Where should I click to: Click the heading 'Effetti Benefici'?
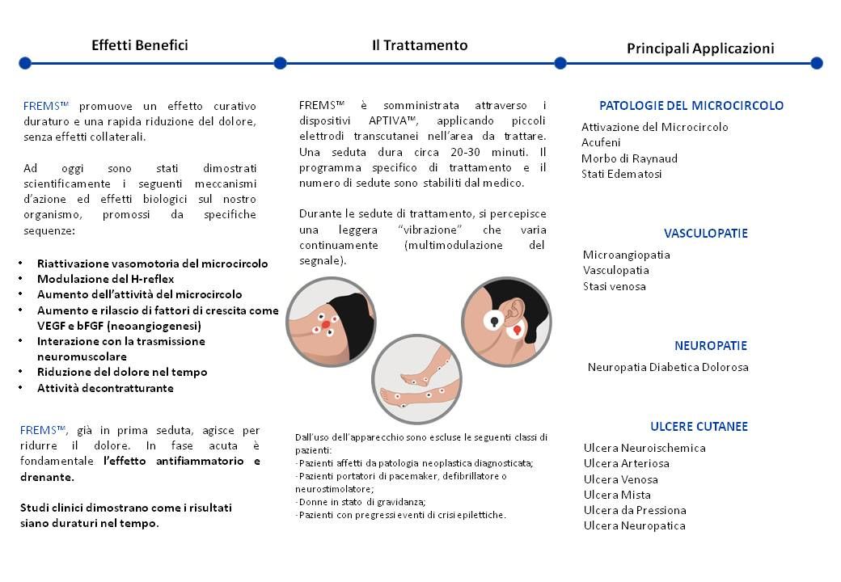coord(139,45)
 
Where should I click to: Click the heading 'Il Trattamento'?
coord(419,45)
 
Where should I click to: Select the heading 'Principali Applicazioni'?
coord(700,48)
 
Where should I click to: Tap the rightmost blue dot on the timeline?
coord(816,63)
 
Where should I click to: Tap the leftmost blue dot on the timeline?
coord(25,63)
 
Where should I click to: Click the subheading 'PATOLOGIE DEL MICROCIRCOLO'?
coord(691,105)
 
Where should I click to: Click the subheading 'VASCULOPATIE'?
coord(705,234)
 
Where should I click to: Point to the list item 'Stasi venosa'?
coord(614,286)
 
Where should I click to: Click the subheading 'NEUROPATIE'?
coord(710,345)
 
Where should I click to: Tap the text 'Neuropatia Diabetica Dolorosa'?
coord(668,367)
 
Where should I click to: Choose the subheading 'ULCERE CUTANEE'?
coord(699,426)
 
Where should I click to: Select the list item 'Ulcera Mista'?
coord(617,495)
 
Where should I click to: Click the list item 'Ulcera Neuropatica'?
coord(634,525)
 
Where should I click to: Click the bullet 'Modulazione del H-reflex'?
coord(105,279)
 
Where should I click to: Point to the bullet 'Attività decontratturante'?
coord(105,388)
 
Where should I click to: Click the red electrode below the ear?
coord(511,331)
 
